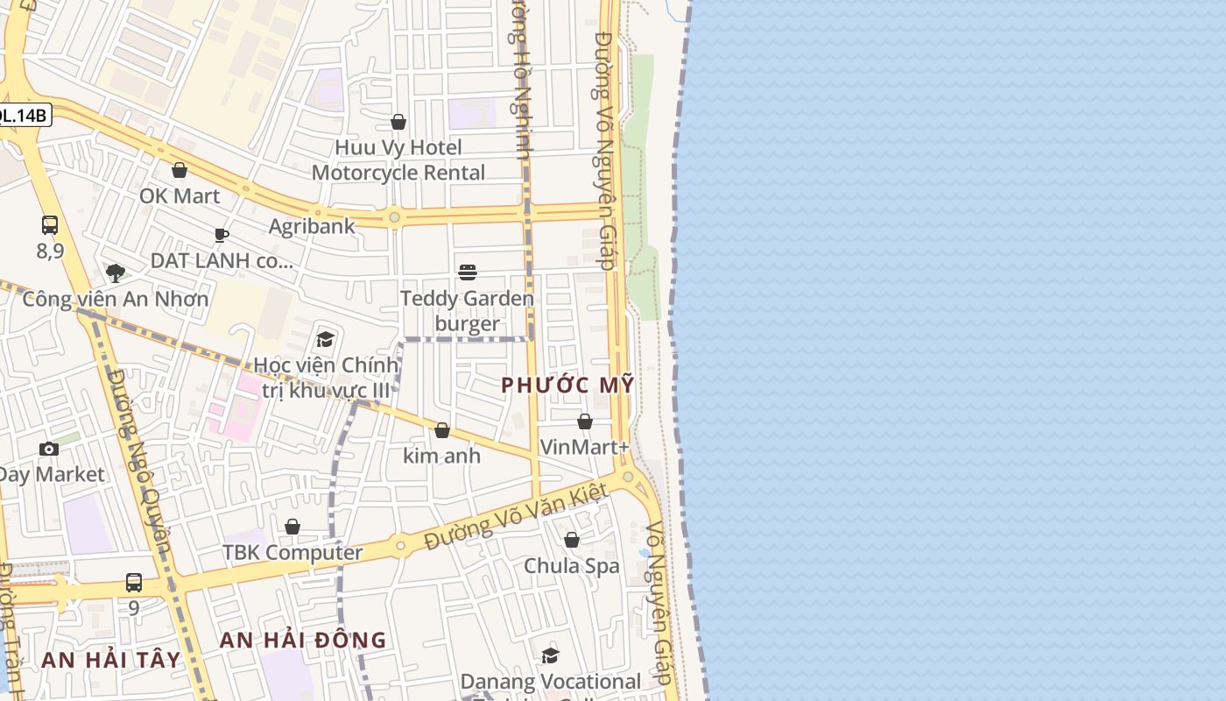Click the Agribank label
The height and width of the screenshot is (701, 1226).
[312, 226]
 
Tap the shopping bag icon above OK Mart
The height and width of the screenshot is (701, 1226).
[180, 170]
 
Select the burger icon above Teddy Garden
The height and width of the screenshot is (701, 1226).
[468, 273]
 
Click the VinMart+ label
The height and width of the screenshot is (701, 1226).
[584, 447]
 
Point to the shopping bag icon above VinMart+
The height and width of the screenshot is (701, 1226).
[585, 421]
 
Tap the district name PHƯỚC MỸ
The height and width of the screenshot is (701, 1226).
[567, 386]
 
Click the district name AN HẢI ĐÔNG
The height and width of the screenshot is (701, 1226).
[302, 641]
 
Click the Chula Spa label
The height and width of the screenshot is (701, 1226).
[571, 566]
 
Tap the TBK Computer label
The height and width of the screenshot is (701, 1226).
[292, 553]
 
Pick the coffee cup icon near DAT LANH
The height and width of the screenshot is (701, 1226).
[222, 235]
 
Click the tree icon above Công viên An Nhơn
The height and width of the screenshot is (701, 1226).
[115, 273]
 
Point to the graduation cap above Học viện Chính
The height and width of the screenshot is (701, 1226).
[326, 339]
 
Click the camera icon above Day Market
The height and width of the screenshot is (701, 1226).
[49, 450]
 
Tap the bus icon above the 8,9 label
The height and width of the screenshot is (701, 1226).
[50, 225]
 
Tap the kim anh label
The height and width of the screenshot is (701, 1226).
[441, 456]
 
